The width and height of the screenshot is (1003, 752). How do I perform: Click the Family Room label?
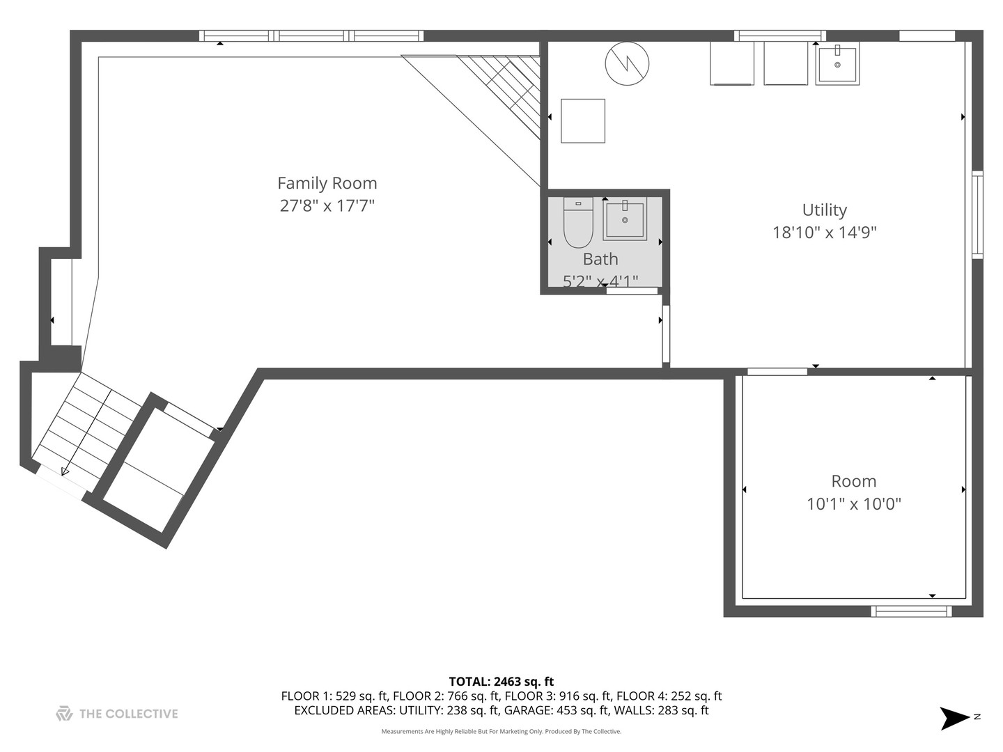click(x=327, y=183)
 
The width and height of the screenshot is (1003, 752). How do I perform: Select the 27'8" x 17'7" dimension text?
click(x=327, y=205)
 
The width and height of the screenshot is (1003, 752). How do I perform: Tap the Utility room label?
click(x=824, y=210)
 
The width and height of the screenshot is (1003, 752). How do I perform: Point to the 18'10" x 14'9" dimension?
click(x=824, y=233)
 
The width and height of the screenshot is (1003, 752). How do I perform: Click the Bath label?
click(x=600, y=259)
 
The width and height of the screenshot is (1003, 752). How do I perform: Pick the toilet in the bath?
click(x=577, y=222)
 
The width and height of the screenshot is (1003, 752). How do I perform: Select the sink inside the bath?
click(x=625, y=219)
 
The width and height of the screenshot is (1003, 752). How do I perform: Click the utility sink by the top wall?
click(x=837, y=63)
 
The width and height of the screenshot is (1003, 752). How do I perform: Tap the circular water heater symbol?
click(x=627, y=63)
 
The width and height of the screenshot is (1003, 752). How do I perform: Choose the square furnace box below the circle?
click(x=583, y=121)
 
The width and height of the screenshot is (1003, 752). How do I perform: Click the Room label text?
click(x=853, y=481)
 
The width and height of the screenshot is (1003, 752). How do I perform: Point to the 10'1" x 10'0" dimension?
click(x=853, y=503)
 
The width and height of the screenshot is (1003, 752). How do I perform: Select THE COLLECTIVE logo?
click(x=117, y=713)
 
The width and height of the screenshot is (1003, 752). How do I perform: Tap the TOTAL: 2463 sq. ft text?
click(x=501, y=682)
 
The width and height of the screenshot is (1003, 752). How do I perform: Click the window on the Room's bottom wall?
click(x=911, y=611)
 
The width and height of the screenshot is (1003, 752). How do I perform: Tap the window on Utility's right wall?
click(x=977, y=214)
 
